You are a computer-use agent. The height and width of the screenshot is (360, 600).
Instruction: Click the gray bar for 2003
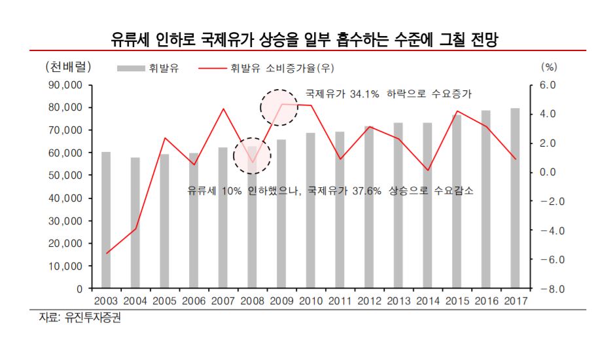point(106,220)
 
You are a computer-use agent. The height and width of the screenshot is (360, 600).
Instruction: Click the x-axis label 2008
point(252,301)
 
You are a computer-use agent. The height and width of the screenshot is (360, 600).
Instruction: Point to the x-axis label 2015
point(457,301)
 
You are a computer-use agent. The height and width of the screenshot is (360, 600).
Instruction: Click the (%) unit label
point(548,67)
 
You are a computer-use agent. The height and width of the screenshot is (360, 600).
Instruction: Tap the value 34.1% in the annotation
point(364,94)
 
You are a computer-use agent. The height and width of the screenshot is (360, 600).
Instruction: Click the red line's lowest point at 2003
point(106,253)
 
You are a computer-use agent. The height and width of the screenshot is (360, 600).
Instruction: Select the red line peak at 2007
point(223,109)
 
